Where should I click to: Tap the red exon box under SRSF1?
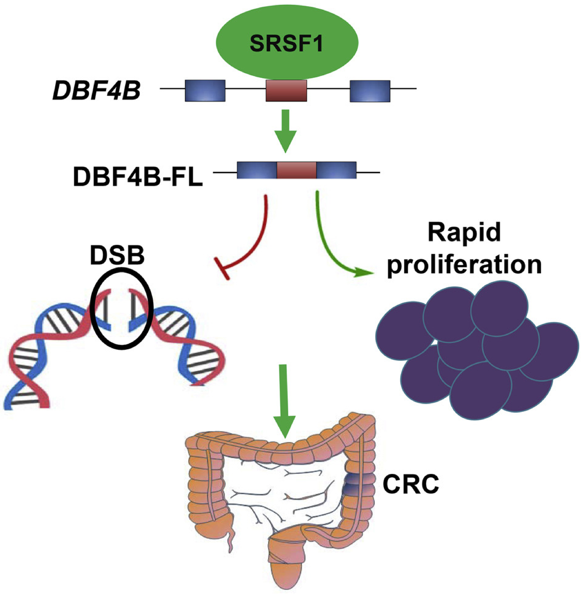286,91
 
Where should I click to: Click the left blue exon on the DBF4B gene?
205,91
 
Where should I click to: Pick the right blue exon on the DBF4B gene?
370,91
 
